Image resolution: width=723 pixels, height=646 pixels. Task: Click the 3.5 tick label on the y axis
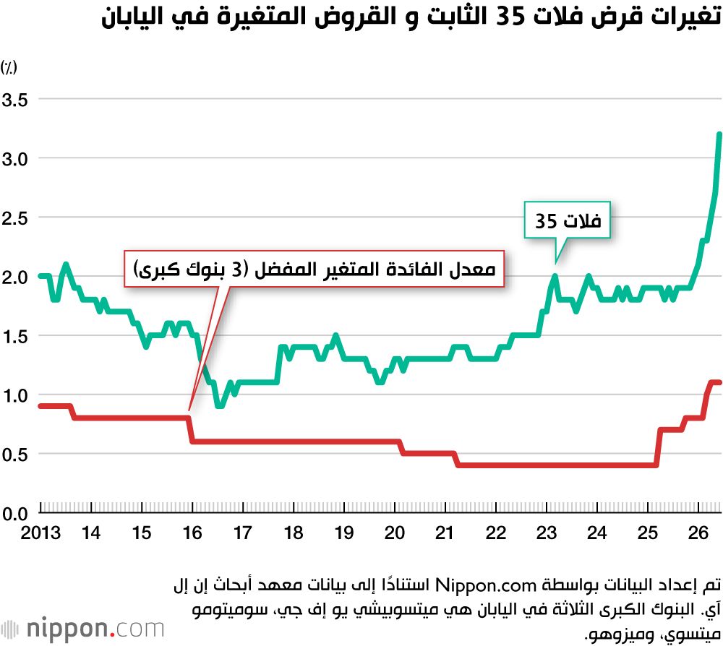14,100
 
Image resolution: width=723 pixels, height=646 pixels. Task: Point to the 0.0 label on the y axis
14,513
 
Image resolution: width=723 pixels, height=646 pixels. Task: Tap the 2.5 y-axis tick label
14,218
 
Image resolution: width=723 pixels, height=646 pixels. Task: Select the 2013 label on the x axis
40,533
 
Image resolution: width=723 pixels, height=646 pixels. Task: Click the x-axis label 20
394,533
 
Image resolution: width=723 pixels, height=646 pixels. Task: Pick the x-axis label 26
698,533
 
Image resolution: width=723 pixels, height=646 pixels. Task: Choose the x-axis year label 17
242,533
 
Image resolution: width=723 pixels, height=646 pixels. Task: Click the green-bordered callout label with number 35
568,220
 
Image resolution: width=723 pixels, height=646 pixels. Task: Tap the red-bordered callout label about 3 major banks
315,269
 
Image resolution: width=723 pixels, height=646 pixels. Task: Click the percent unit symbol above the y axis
9,68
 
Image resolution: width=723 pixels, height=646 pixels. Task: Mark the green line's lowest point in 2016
220,406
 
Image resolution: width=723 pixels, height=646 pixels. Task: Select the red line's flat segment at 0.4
557,465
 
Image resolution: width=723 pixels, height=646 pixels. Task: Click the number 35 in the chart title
511,17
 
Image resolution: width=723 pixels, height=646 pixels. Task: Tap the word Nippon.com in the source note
486,585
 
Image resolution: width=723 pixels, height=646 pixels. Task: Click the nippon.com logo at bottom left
83,629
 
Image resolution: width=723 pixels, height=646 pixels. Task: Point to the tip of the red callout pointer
189,410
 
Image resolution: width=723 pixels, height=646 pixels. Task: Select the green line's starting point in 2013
40,276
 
